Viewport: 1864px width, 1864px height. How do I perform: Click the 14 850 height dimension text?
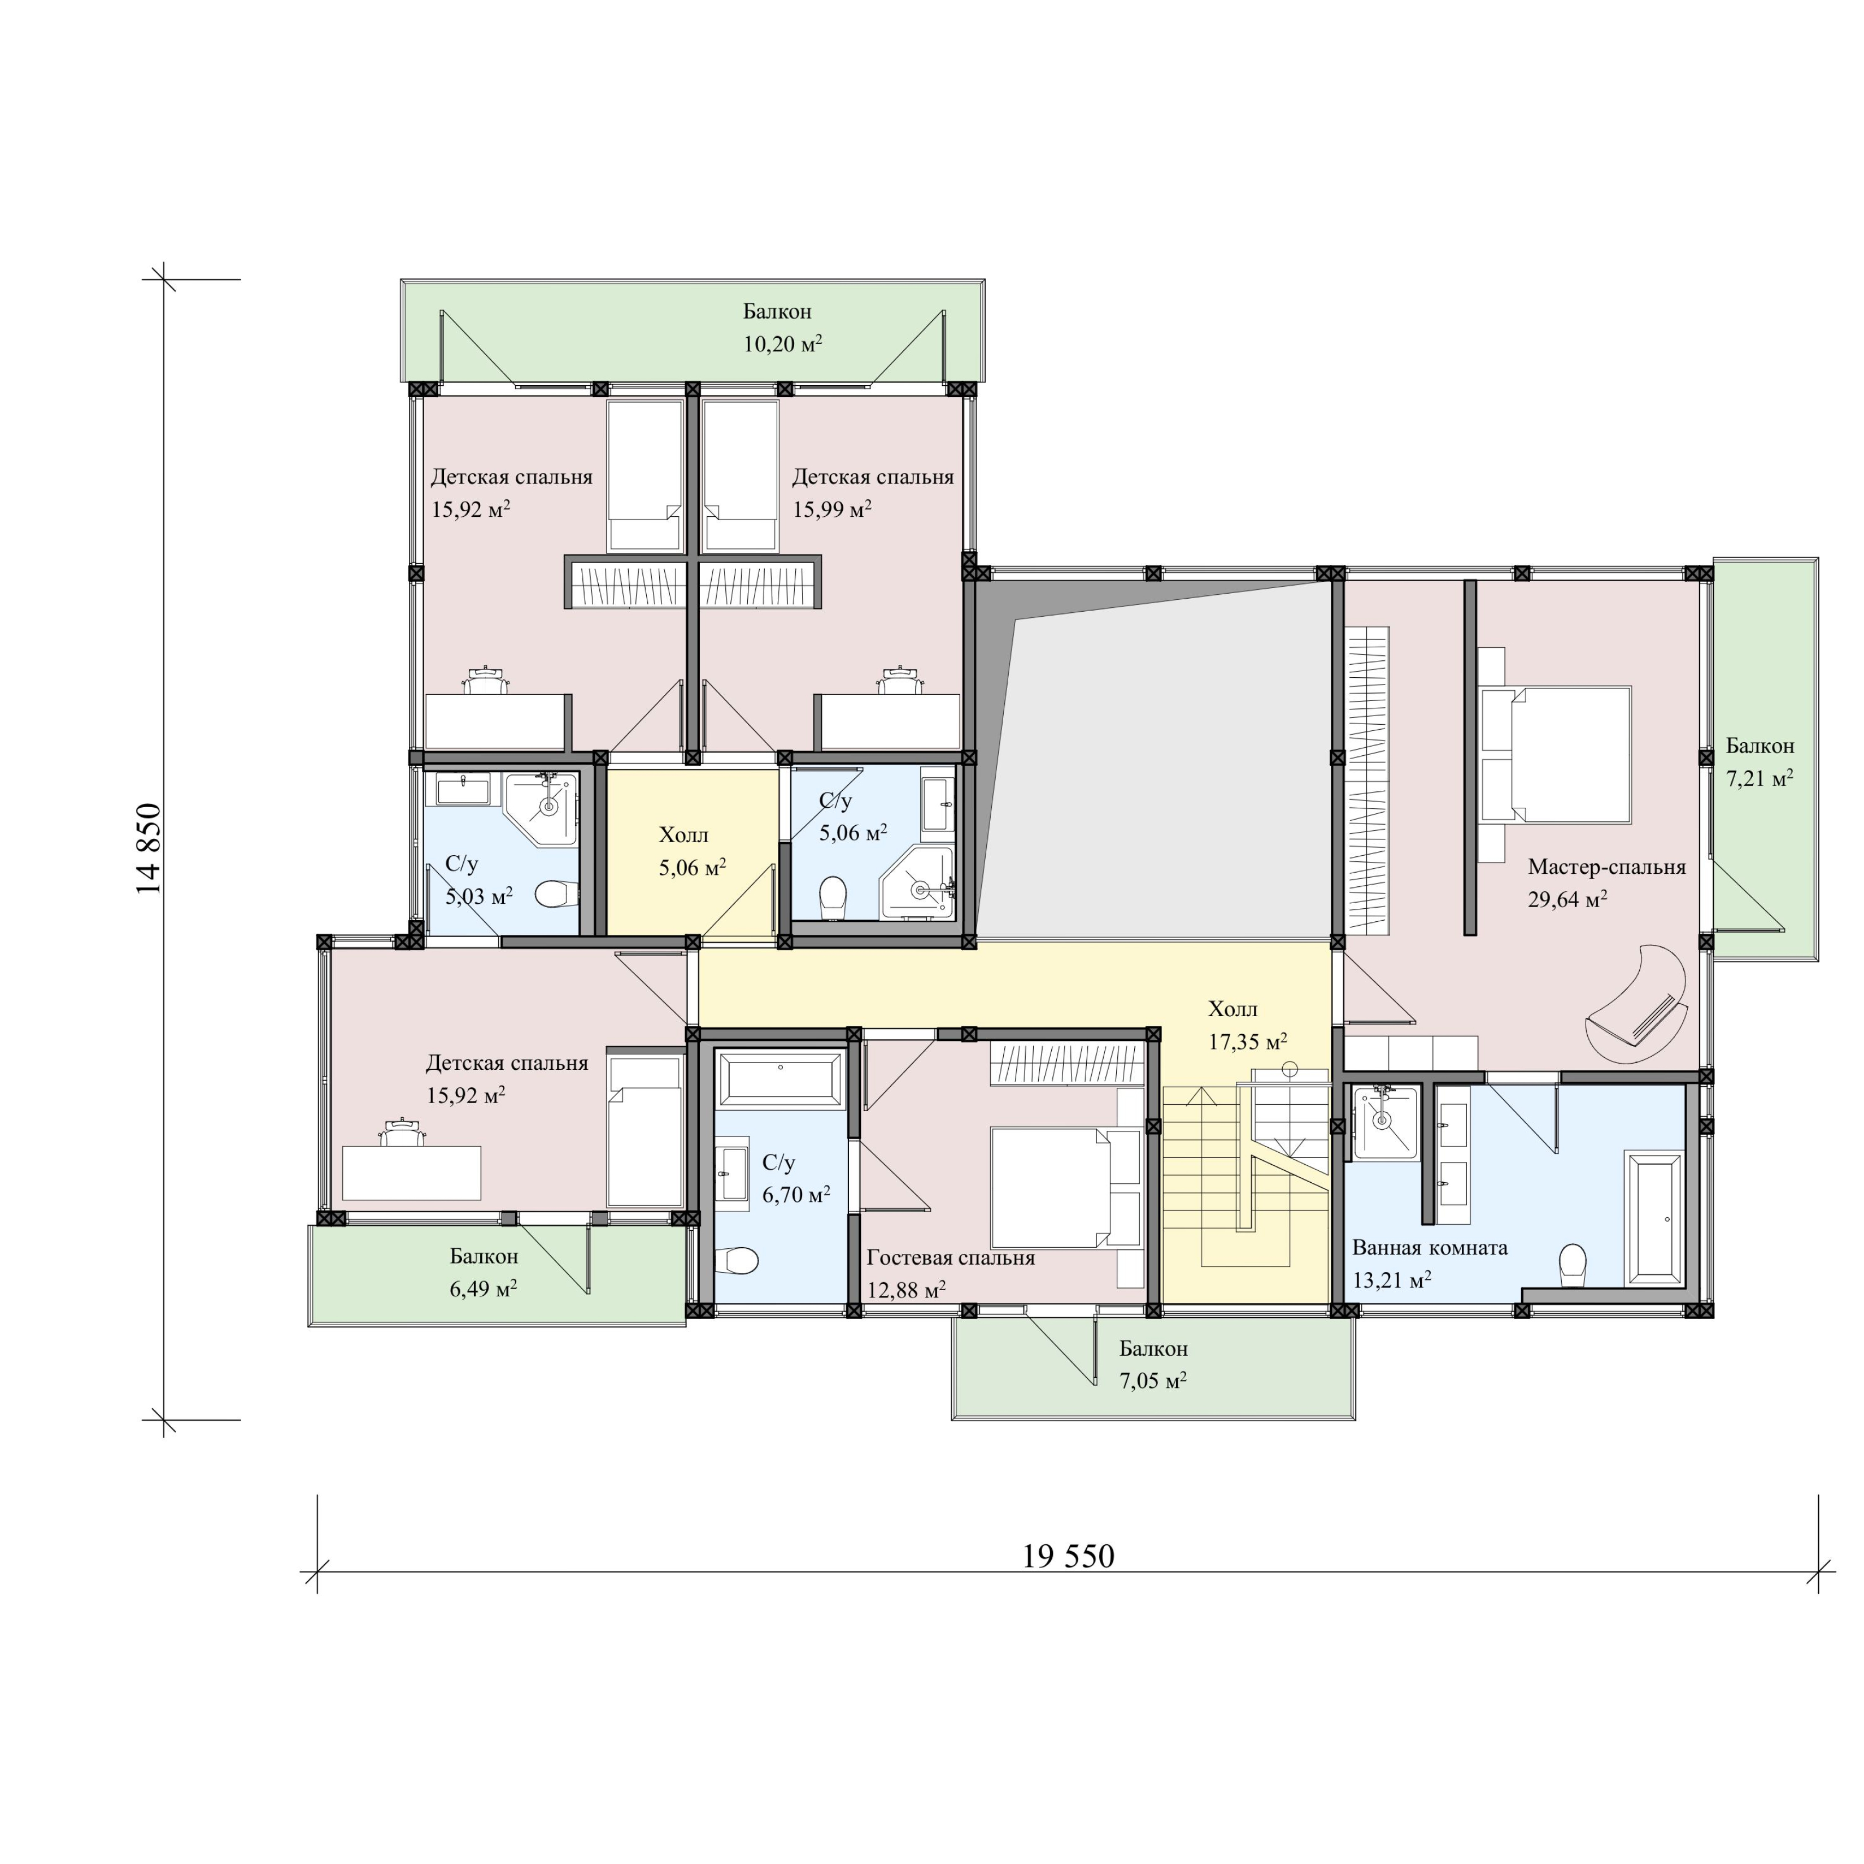point(150,849)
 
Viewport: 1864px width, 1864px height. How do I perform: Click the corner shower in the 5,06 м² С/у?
point(917,883)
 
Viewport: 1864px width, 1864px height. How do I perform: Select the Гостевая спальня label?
point(950,1258)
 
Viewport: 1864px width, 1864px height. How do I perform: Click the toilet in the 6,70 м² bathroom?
point(738,1260)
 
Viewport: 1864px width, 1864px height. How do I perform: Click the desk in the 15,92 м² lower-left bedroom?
point(412,1172)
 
